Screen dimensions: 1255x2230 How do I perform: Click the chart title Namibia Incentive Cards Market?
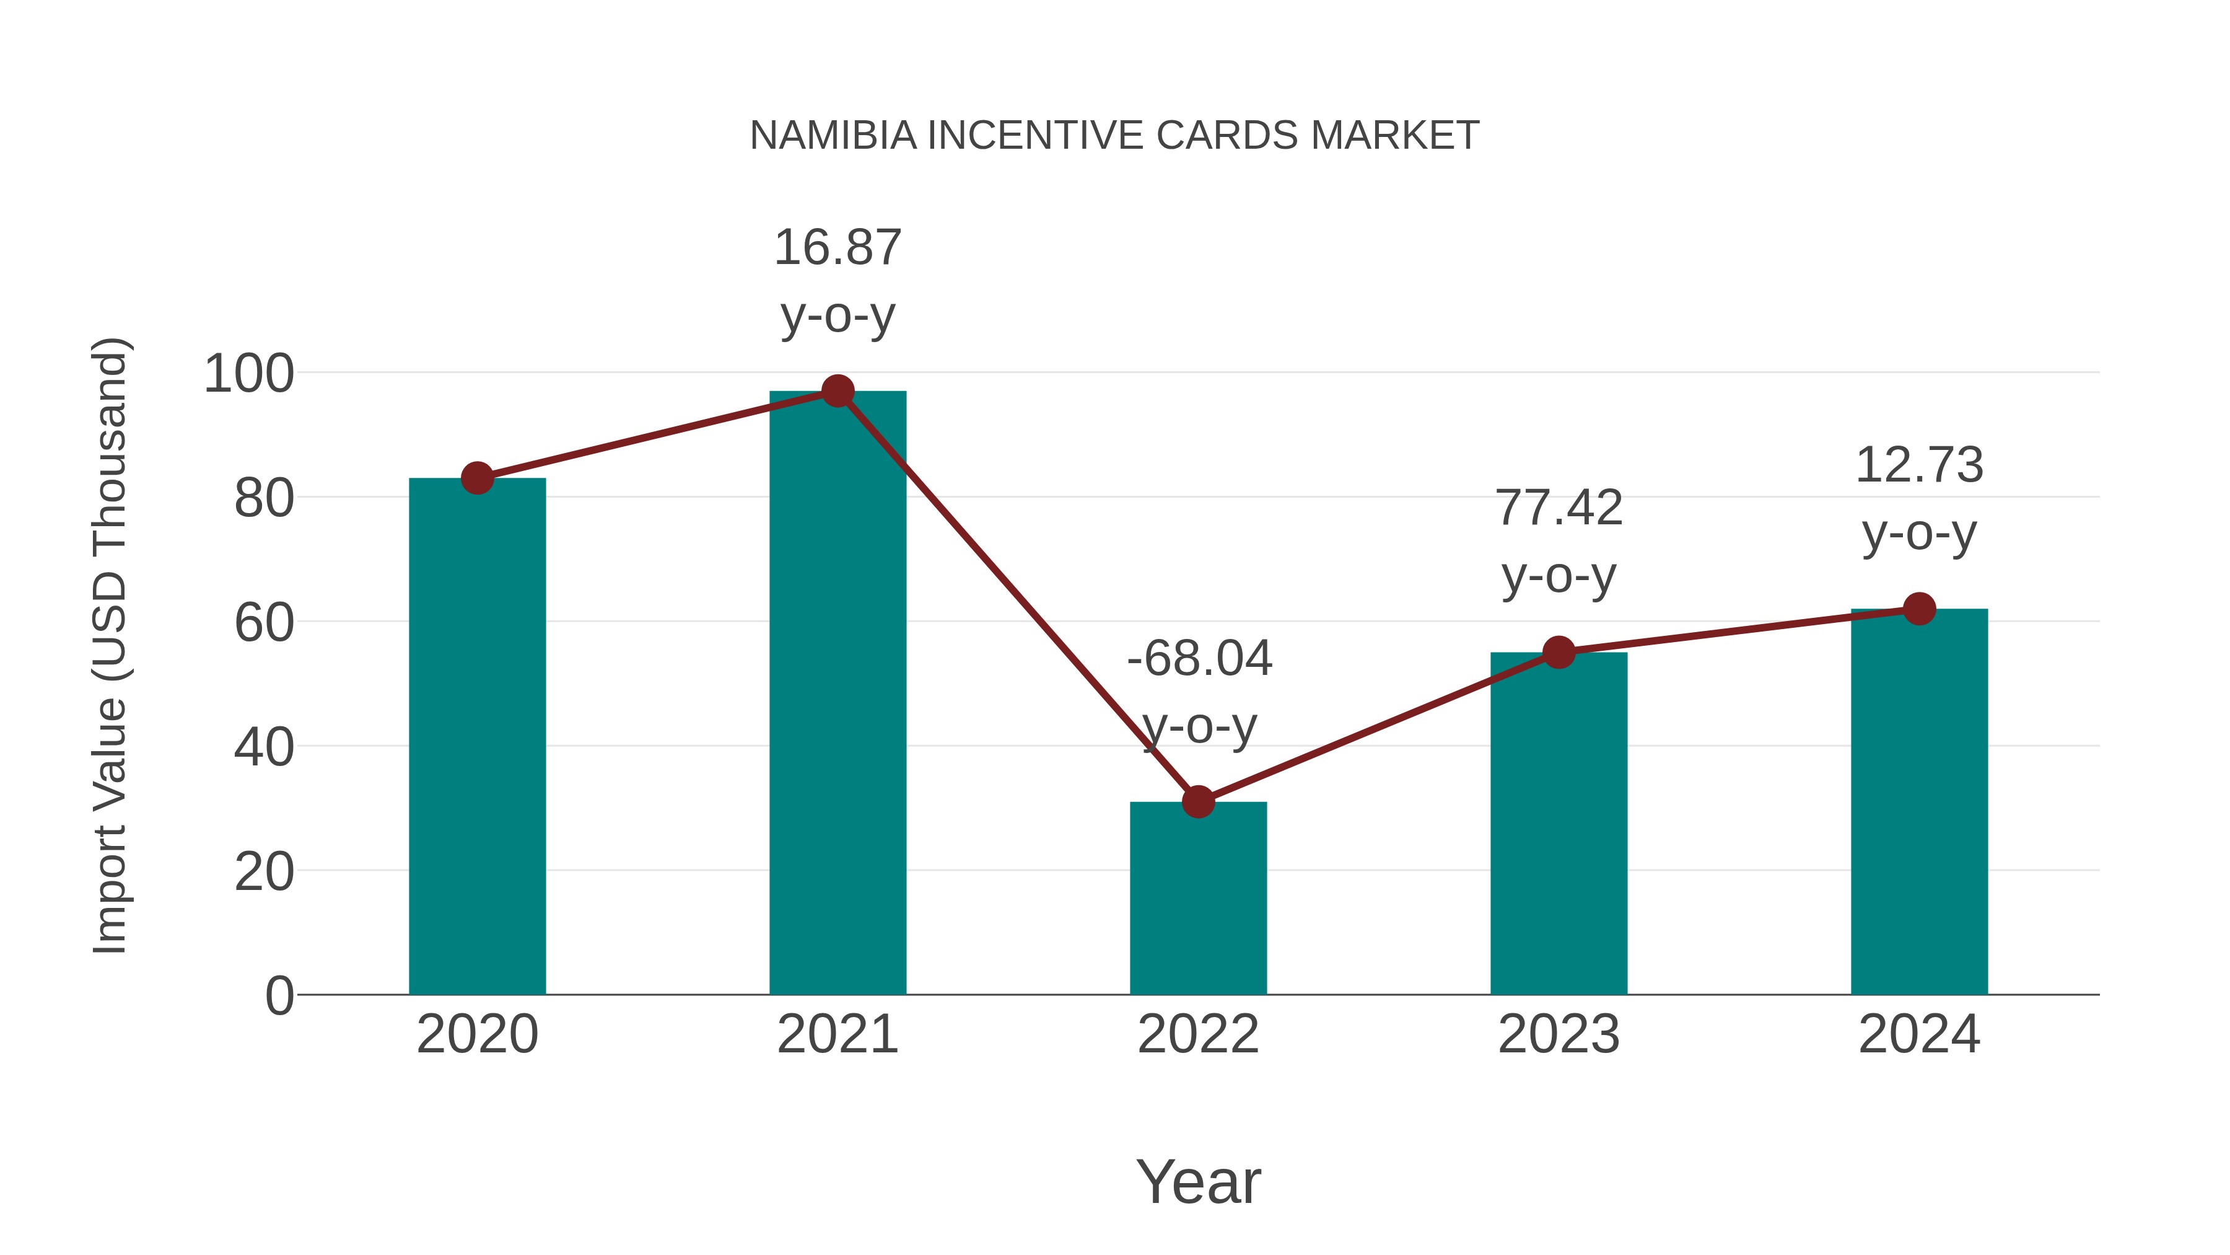[x=1114, y=136]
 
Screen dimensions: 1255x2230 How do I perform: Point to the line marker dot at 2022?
[x=1198, y=802]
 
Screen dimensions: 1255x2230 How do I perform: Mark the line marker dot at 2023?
[x=1559, y=652]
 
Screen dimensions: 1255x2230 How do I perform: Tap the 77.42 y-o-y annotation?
[x=1559, y=540]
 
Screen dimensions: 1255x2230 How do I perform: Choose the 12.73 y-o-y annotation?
[x=1919, y=498]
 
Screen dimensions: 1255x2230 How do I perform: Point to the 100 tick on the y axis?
[x=248, y=374]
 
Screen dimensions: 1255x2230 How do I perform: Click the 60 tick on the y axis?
[x=264, y=623]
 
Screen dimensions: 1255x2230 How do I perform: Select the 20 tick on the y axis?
[x=264, y=871]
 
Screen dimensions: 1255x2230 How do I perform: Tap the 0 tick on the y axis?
[x=279, y=996]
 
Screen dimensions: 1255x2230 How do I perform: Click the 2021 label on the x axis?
[x=837, y=1034]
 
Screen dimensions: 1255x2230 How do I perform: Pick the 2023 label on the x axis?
[x=1559, y=1034]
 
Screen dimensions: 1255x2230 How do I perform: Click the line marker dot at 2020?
[x=477, y=477]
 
